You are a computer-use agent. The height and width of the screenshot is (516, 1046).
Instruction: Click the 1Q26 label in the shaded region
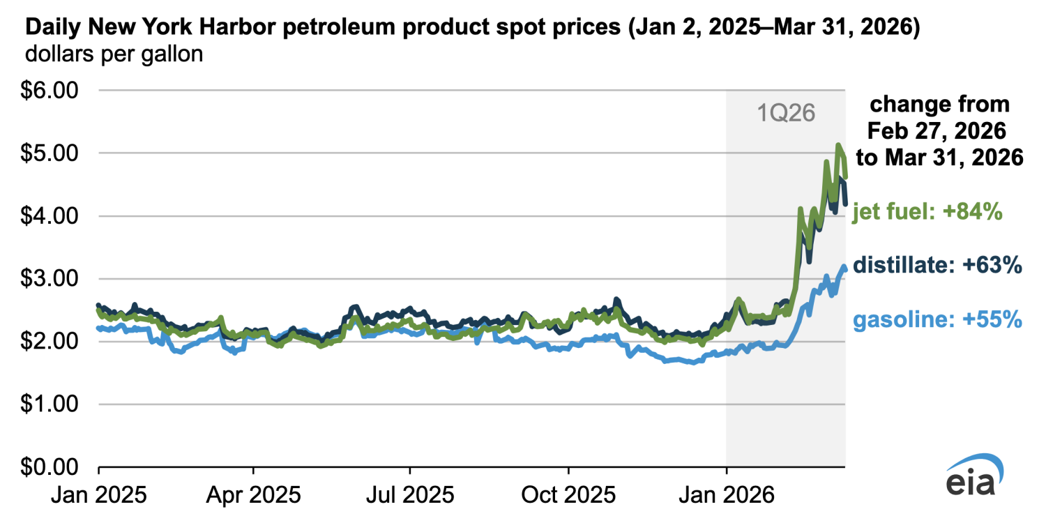click(786, 112)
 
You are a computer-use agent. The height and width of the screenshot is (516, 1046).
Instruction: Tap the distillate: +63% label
click(938, 265)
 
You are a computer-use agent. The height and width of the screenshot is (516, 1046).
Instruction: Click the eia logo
click(975, 476)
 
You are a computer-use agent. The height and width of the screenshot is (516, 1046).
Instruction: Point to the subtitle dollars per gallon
click(114, 54)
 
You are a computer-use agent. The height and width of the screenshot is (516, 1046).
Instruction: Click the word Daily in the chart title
click(54, 29)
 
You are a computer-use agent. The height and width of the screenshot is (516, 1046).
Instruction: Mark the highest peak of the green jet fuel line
click(838, 145)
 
